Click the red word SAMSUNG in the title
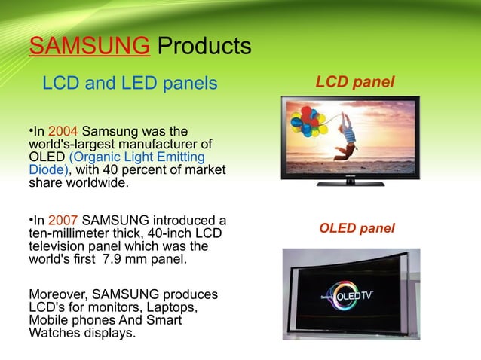click(88, 47)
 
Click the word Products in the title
click(202, 47)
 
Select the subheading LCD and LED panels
click(129, 83)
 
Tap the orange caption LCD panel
click(354, 81)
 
